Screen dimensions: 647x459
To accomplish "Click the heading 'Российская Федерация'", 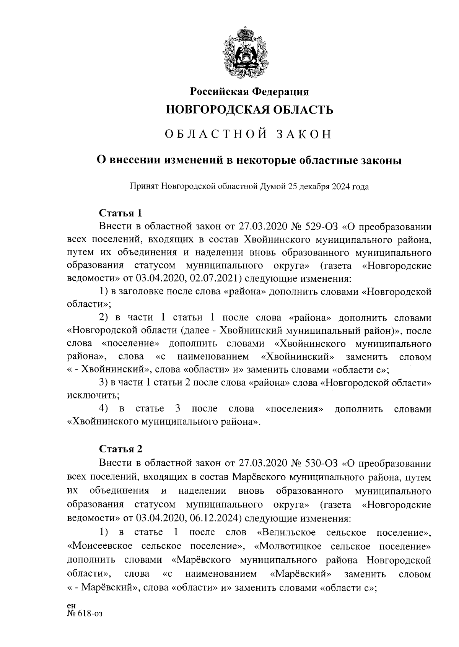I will coord(249,92).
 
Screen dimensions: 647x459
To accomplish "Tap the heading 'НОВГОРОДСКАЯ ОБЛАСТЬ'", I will coord(249,110).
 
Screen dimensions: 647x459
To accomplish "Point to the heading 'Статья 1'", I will coord(120,213).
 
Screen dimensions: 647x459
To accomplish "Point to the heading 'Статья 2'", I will coord(120,449).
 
